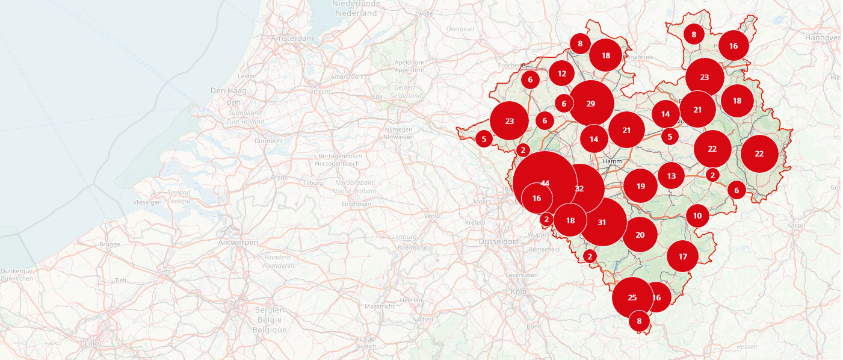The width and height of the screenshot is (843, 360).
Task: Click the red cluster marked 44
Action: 545,182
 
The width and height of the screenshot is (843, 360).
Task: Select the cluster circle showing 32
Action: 579,188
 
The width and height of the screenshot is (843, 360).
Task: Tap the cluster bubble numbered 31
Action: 602,222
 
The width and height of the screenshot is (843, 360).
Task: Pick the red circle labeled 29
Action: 591,104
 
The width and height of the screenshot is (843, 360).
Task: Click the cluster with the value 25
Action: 632,297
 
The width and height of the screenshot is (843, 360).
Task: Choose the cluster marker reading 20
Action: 640,235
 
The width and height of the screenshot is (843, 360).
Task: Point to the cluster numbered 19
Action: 641,186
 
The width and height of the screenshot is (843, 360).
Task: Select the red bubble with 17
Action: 683,256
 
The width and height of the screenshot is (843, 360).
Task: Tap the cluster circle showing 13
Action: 672,176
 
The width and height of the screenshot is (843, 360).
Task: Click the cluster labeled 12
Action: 562,73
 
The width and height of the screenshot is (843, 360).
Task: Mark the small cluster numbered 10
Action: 697,216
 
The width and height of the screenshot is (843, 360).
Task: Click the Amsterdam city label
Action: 293,39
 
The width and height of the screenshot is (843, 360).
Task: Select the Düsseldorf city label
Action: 498,241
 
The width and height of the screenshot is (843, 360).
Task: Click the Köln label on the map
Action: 519,291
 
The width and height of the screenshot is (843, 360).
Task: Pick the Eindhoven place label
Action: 356,204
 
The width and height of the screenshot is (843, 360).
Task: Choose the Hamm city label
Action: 612,161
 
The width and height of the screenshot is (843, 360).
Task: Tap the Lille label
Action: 91,343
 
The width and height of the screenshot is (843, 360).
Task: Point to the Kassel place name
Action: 795,225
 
